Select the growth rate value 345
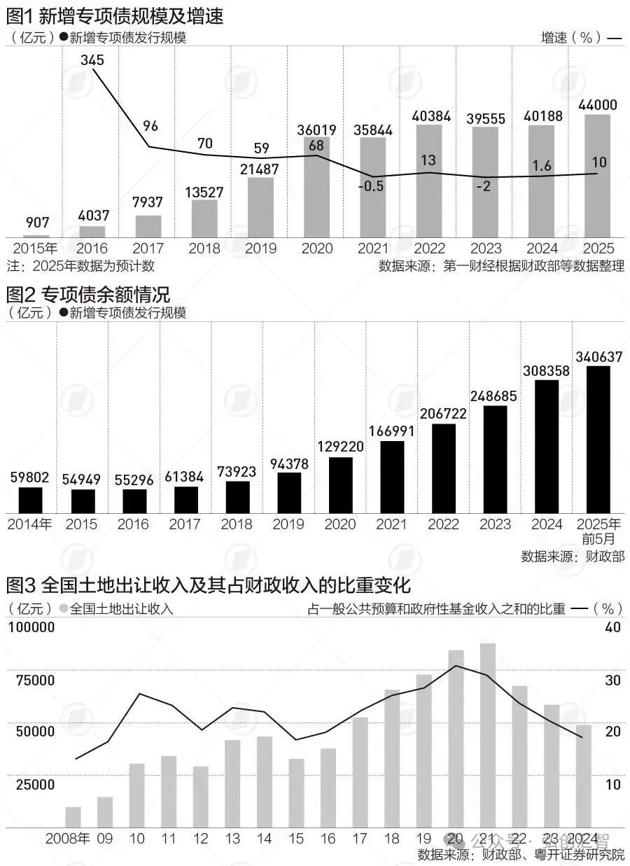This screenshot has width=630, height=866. (x=92, y=60)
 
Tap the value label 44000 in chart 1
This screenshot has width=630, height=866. (x=597, y=105)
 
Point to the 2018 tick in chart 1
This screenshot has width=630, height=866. (x=204, y=248)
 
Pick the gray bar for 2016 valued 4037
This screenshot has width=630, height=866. (x=92, y=231)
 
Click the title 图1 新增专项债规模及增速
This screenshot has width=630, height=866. (x=115, y=16)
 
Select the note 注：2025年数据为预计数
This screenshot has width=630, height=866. (x=80, y=266)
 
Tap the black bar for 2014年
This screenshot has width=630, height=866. (x=30, y=500)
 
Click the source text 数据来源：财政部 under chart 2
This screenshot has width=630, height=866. (x=572, y=557)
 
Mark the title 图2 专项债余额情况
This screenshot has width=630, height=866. (x=88, y=293)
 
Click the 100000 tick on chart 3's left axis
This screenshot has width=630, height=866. (x=32, y=628)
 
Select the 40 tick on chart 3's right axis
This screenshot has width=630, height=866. (x=612, y=628)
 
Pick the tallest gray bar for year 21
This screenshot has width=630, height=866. (x=488, y=735)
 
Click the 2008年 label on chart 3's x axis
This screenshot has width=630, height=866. (x=68, y=839)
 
